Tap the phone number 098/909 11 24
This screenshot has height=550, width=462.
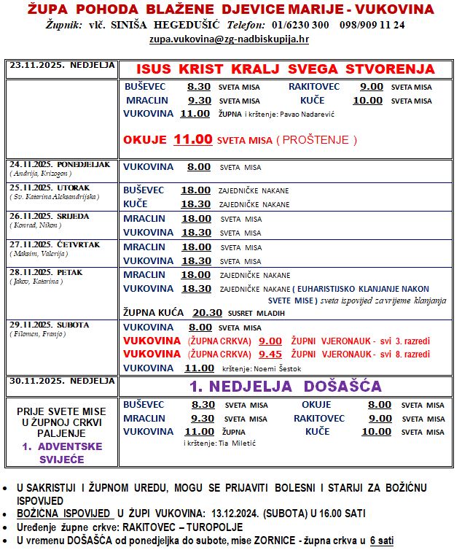pos(371,24)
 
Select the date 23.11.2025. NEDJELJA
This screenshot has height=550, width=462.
pos(62,65)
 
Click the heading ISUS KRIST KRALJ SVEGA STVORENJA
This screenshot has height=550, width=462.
pos(286,69)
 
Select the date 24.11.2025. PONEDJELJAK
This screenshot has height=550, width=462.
pos(60,164)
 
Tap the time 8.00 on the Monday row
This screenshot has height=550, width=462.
pos(199,167)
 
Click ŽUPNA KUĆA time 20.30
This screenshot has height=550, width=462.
pos(208,312)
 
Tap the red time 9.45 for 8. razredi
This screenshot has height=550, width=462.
pos(270,354)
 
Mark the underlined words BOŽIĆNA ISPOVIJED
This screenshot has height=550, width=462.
pos(65,513)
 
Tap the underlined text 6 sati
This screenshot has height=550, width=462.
pos(381,540)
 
